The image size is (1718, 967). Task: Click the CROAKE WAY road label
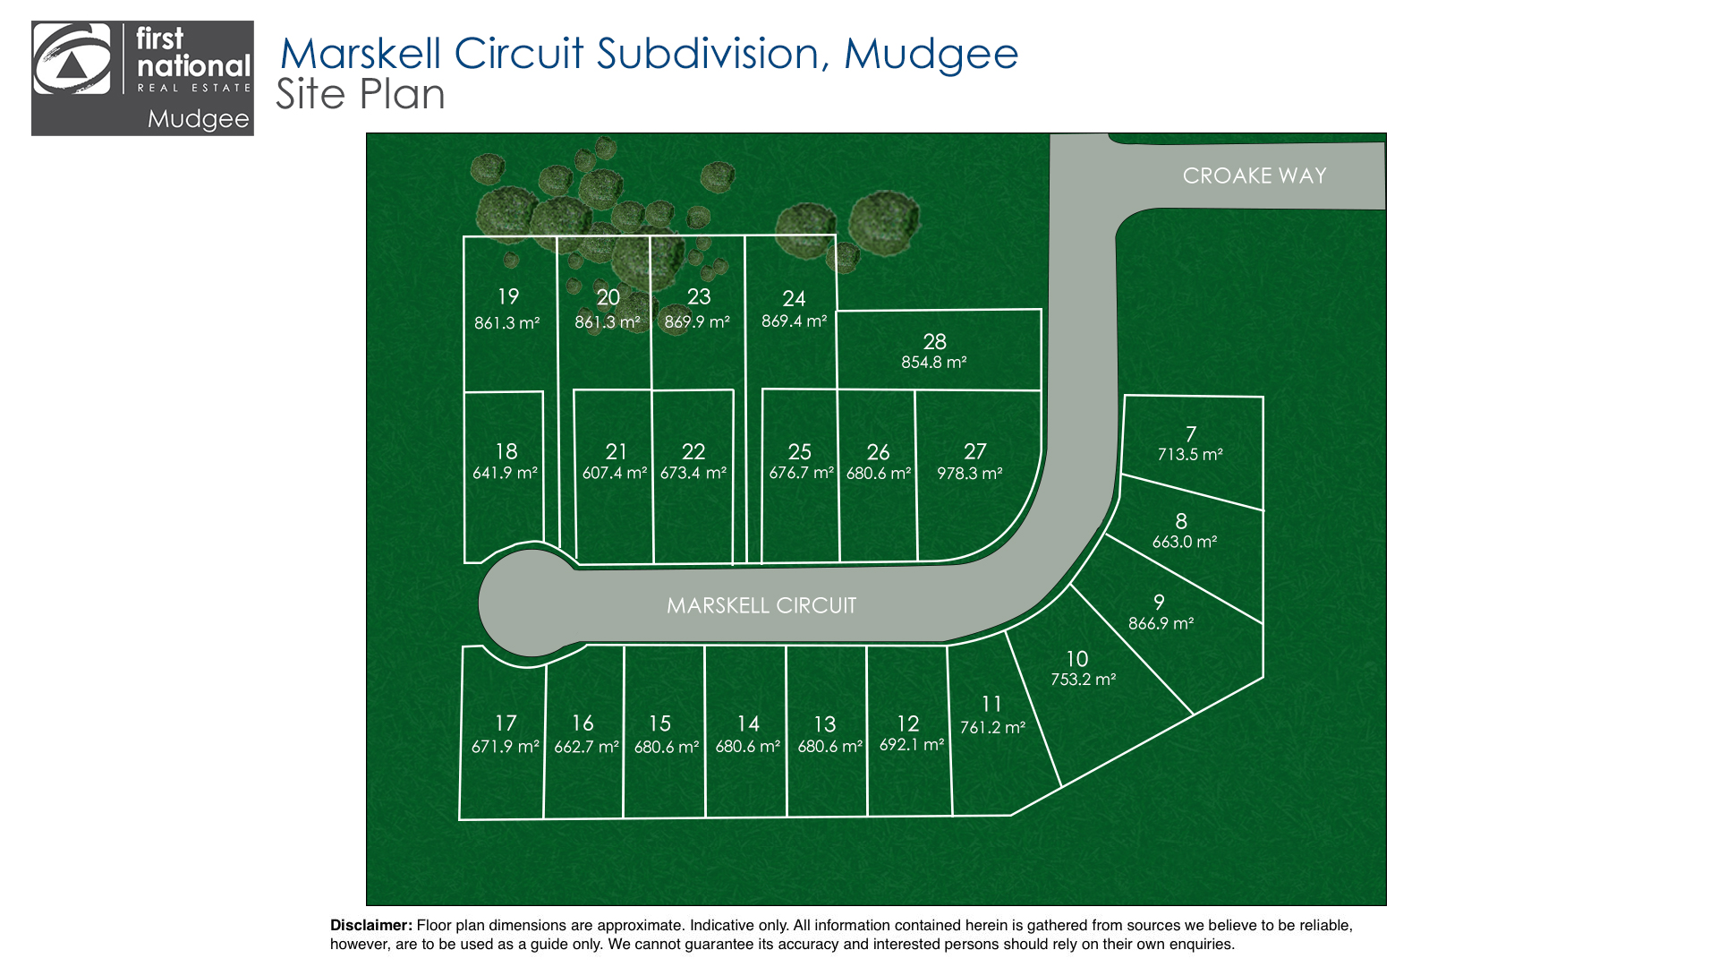pos(1254,175)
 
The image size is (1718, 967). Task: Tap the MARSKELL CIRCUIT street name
pos(761,606)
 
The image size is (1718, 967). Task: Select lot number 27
pos(975,452)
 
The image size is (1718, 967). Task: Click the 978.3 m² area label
pos(970,474)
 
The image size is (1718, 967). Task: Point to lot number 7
pos(1191,434)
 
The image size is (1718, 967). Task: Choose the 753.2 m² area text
pos(1084,680)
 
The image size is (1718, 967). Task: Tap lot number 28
pos(935,342)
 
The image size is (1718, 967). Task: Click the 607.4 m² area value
pos(615,474)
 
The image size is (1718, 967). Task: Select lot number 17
pos(506,723)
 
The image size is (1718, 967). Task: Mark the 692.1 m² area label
pos(913,745)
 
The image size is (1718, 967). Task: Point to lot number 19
pos(508,297)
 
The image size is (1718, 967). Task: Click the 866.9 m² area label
pos(1161,624)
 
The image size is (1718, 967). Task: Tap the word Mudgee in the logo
pos(199,119)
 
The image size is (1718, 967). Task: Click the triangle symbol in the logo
pos(72,68)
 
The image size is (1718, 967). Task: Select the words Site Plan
pos(361,95)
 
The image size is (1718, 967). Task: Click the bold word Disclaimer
pos(371,926)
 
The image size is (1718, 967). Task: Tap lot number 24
pos(795,299)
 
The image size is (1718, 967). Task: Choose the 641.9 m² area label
pos(506,474)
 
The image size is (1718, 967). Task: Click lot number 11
pos(991,705)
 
